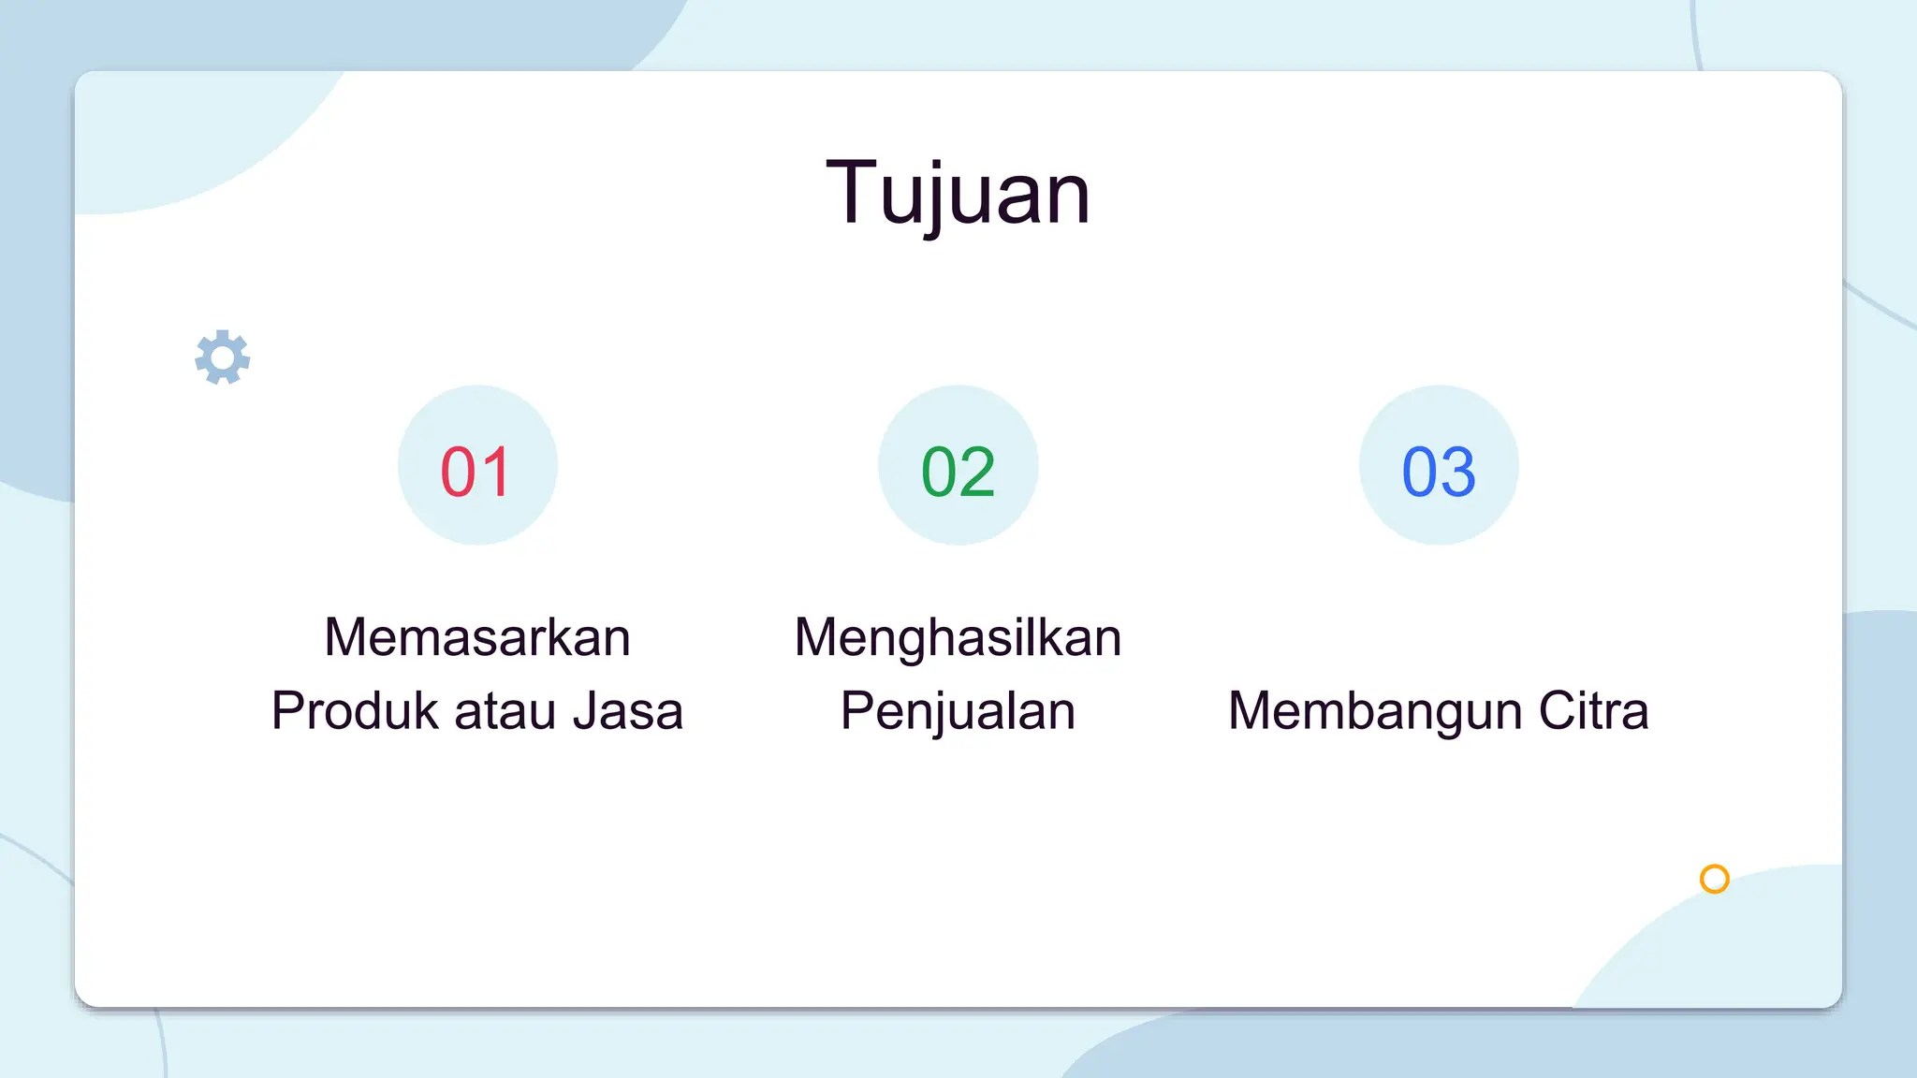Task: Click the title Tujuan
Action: coord(958,193)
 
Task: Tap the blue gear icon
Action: coord(223,357)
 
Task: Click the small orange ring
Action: coord(1714,879)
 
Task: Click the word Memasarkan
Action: coord(477,637)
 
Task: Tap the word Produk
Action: coord(355,710)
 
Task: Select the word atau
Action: coord(505,710)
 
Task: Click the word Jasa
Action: coord(628,710)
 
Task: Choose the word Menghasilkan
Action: coord(958,637)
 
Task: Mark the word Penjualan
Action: coord(958,710)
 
